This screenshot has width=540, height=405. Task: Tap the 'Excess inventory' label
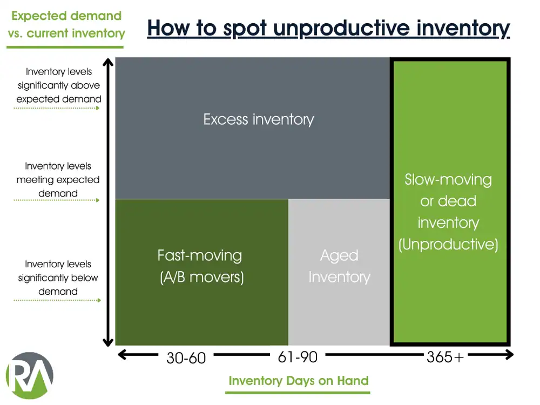pyautogui.click(x=259, y=119)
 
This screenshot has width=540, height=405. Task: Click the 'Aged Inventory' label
pyautogui.click(x=339, y=266)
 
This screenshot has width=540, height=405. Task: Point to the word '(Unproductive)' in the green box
pyautogui.click(x=448, y=245)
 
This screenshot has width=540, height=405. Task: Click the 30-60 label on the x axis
pyautogui.click(x=186, y=357)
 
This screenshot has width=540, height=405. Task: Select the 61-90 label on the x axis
pyautogui.click(x=297, y=356)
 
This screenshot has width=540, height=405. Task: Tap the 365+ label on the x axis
pyautogui.click(x=445, y=356)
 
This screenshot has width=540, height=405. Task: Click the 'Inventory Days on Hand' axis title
pyautogui.click(x=298, y=380)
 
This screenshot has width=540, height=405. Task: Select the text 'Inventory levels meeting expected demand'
pyautogui.click(x=58, y=180)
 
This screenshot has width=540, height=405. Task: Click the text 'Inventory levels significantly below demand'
pyautogui.click(x=58, y=278)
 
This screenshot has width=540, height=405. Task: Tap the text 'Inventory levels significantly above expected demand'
pyautogui.click(x=58, y=85)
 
